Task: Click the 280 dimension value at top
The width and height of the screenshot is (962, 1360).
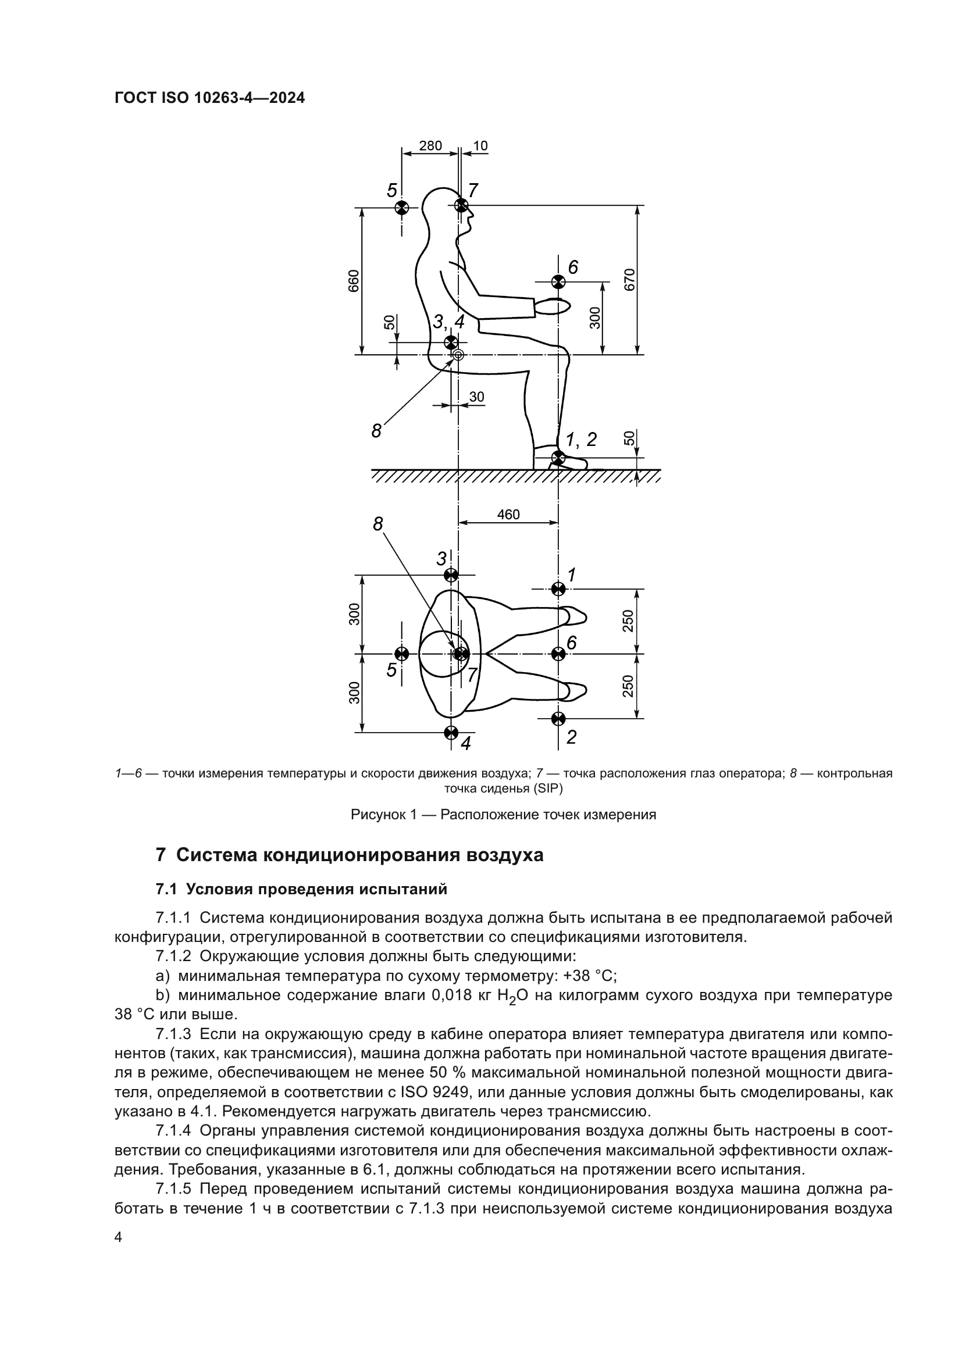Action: click(430, 146)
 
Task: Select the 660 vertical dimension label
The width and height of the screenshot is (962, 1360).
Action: click(353, 281)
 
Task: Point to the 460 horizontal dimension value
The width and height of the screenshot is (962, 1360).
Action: click(508, 514)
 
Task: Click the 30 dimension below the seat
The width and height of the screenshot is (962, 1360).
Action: click(476, 397)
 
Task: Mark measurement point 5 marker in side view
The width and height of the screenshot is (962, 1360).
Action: click(401, 208)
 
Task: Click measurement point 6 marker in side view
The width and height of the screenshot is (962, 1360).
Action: click(558, 281)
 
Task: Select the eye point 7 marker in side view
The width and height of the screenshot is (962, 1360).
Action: click(461, 205)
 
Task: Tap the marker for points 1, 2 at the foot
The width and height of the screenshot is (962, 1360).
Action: click(558, 456)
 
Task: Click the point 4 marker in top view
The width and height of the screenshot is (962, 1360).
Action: click(451, 732)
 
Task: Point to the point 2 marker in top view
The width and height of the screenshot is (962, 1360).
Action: click(558, 719)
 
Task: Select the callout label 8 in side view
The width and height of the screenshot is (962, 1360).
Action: click(377, 431)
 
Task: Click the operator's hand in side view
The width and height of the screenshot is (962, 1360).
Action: click(553, 306)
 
